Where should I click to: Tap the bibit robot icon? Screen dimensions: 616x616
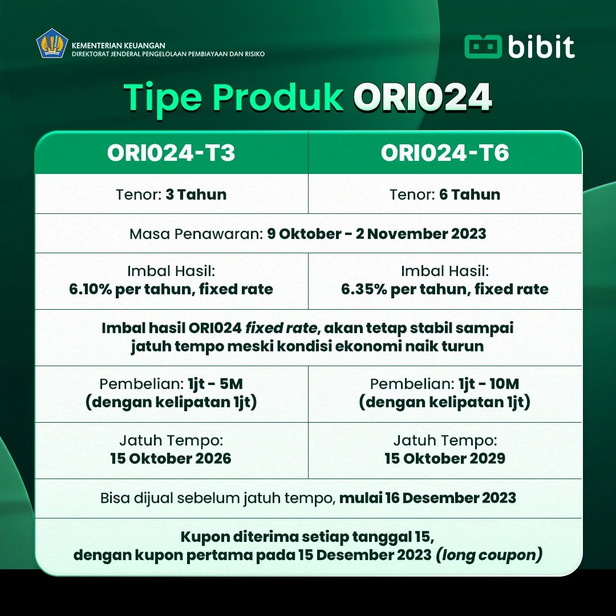[483, 47]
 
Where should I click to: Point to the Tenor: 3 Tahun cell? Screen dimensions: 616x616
[171, 194]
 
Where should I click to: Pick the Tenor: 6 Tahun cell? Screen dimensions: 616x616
[445, 194]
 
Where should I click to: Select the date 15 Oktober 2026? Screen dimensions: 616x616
[171, 459]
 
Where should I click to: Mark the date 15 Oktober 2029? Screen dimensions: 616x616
[445, 459]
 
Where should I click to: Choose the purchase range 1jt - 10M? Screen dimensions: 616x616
[489, 384]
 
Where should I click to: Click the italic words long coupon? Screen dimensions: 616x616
[489, 555]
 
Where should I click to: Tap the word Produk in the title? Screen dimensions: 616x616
[278, 98]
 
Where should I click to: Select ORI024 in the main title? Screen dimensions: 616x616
[422, 98]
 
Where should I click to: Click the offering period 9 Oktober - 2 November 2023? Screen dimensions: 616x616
[376, 234]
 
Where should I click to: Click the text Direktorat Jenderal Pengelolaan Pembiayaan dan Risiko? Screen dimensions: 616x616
[168, 54]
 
